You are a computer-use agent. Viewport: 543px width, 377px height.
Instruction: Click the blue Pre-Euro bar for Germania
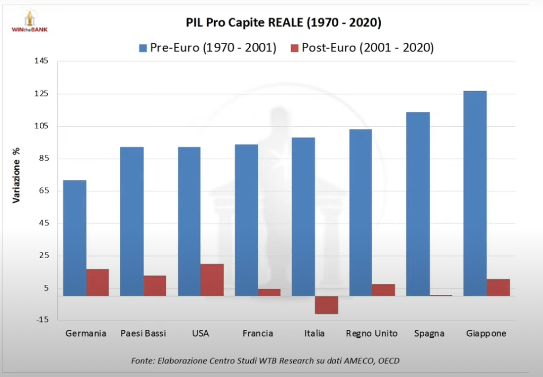pyautogui.click(x=75, y=238)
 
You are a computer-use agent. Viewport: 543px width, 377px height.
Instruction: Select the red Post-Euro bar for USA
pyautogui.click(x=212, y=280)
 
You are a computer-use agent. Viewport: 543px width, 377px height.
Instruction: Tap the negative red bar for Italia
pyautogui.click(x=326, y=305)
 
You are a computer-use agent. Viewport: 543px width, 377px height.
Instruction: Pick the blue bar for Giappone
pyautogui.click(x=475, y=194)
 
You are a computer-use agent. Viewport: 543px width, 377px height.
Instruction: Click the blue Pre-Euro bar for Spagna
pyautogui.click(x=418, y=204)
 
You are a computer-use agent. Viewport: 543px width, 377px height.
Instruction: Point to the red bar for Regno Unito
pyautogui.click(x=383, y=290)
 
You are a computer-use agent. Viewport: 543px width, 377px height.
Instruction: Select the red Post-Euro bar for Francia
pyautogui.click(x=269, y=292)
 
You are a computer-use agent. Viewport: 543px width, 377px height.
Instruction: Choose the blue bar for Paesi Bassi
pyautogui.click(x=132, y=221)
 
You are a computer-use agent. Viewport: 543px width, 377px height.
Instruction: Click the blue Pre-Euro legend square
pyautogui.click(x=143, y=48)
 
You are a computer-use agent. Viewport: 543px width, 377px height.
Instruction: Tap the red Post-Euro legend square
pyautogui.click(x=294, y=48)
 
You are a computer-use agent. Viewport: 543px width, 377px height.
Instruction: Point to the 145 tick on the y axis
pyautogui.click(x=42, y=61)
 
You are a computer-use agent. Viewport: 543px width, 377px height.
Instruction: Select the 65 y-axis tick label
pyautogui.click(x=42, y=190)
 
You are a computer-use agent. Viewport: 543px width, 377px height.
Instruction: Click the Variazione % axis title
pyautogui.click(x=17, y=174)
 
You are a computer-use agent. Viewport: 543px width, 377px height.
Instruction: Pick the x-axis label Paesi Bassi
pyautogui.click(x=143, y=334)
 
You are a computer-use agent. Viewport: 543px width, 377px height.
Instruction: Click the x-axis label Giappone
pyautogui.click(x=486, y=334)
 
